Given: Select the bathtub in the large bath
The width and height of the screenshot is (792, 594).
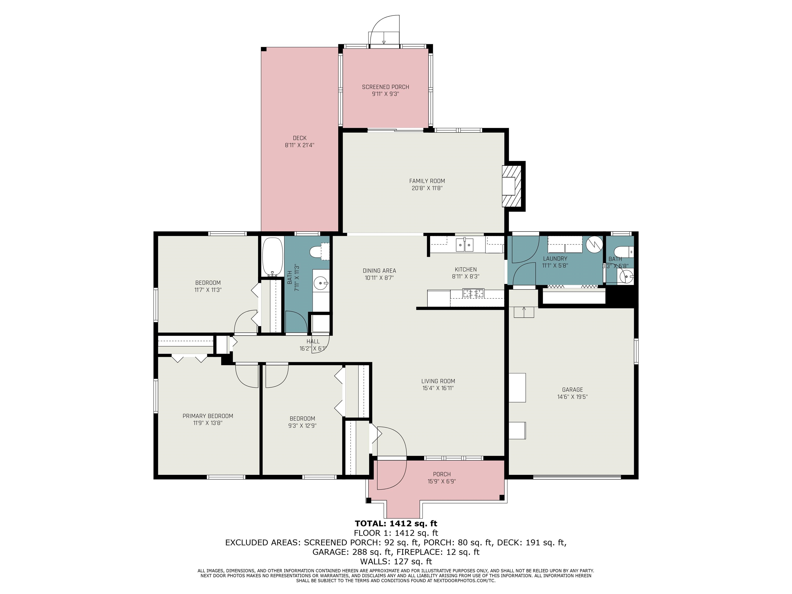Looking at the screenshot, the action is click(x=273, y=257).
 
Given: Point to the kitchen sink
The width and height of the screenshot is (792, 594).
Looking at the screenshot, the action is click(x=464, y=245).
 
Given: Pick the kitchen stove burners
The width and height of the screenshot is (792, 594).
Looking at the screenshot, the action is click(x=473, y=293).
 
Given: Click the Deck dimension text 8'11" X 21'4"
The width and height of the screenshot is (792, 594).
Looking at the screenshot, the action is click(x=299, y=145).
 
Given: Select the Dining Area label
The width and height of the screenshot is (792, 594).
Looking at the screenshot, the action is click(x=379, y=271).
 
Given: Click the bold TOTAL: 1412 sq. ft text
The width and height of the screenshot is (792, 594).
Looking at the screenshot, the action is click(x=396, y=523).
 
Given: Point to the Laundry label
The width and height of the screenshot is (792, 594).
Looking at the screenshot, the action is click(x=555, y=259).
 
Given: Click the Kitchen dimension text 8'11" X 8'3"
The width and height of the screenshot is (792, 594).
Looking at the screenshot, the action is click(x=465, y=276).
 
